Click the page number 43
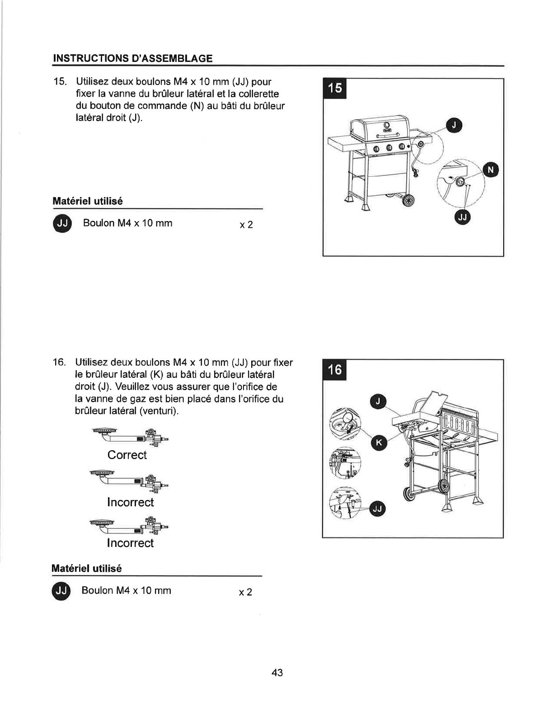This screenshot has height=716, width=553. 277,673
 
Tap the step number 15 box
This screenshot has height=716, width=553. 335,89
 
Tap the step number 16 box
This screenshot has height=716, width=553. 334,370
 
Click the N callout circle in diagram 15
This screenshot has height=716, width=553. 491,170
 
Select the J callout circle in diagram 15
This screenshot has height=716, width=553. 454,126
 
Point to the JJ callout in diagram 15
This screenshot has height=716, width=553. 463,218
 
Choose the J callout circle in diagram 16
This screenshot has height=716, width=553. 379,401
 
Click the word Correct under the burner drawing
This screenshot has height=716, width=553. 127,455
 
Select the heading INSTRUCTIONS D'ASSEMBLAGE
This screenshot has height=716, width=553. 133,58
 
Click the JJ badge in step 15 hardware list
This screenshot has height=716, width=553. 62,224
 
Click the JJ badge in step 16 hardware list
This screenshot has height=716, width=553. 61,591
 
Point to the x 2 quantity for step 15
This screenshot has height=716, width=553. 246,225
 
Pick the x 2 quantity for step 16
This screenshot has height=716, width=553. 245,592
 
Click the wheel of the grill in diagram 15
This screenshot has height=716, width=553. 408,200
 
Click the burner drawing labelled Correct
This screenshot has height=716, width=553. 131,437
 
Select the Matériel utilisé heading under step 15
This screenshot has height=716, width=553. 88,201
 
